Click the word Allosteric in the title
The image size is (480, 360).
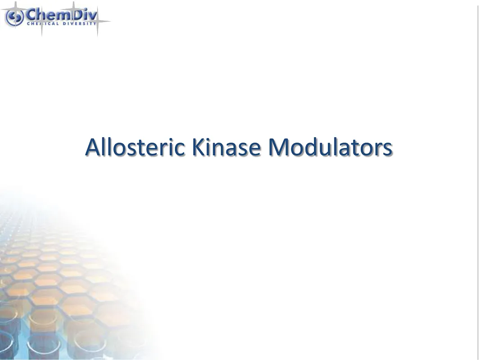click(135, 148)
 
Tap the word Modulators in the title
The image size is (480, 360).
click(330, 148)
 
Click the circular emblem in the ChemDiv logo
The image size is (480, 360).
click(14, 17)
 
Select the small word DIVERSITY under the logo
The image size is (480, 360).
click(80, 23)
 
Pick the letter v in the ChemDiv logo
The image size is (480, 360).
click(93, 15)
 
